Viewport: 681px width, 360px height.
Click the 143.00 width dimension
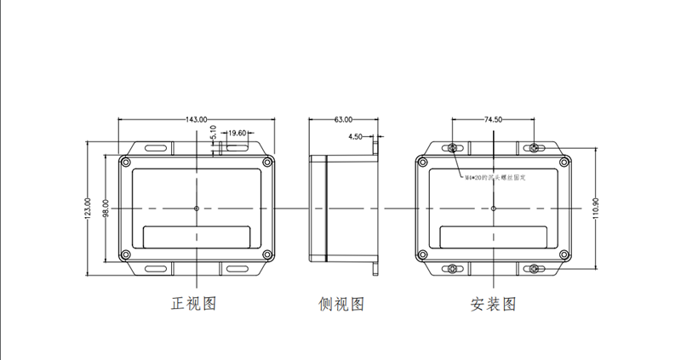tap(196, 120)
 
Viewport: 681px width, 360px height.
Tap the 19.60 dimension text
tap(237, 133)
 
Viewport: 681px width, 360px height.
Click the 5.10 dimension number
tap(213, 134)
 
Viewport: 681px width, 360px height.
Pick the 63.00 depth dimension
tap(344, 120)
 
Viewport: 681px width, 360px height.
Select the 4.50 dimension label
tap(356, 136)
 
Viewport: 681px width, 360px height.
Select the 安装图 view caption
tap(493, 304)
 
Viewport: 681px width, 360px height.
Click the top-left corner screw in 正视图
tap(126, 162)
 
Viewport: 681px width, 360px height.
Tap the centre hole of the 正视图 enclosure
tap(197, 208)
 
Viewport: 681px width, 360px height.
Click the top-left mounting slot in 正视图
tap(156, 148)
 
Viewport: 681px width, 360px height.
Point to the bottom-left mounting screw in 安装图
tap(451, 270)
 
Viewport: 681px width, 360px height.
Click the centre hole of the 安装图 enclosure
tap(493, 208)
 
